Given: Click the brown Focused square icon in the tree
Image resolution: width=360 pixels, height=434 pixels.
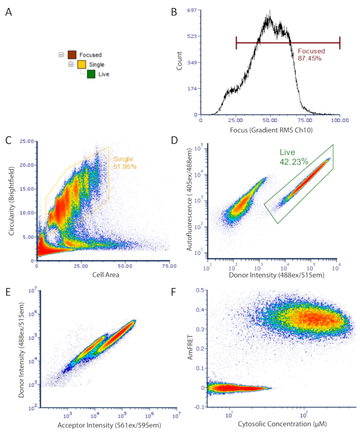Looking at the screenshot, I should (x=73, y=55).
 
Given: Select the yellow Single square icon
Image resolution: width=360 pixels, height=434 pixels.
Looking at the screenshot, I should (x=82, y=64).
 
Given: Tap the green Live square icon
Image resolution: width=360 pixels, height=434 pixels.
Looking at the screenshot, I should (x=91, y=74).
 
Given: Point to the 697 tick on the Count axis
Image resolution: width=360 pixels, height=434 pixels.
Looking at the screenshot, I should (x=193, y=10).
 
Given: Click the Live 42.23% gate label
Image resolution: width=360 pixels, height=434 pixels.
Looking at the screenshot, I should (x=294, y=157).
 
